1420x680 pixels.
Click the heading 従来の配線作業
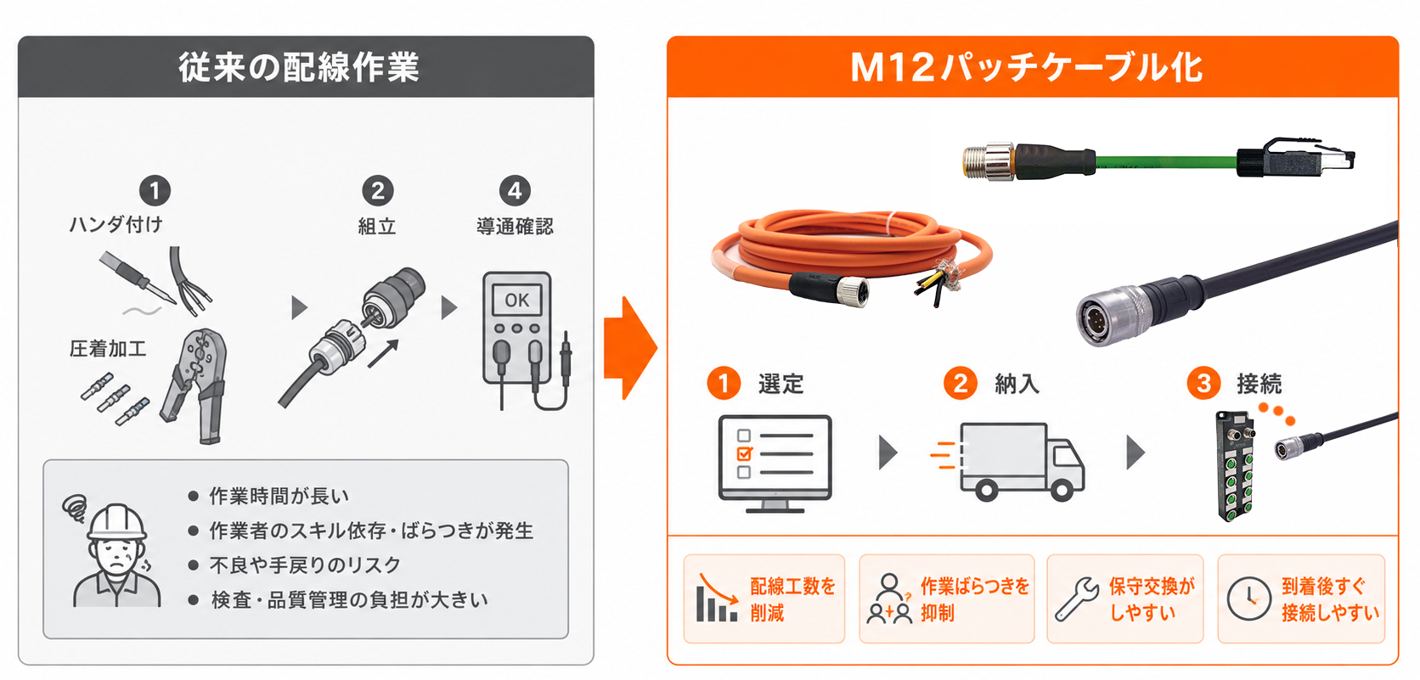coord(299,67)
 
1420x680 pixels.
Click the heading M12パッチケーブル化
coord(1026,67)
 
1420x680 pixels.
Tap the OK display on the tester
coord(516,300)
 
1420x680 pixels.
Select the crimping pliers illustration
coord(194,385)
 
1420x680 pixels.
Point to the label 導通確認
coord(515,227)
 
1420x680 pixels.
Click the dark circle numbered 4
coord(515,190)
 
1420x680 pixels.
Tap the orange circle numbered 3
coord(1203,383)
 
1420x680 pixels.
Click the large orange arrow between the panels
coord(630,347)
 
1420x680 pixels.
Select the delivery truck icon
coord(1008,461)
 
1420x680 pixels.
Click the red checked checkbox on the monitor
coord(744,453)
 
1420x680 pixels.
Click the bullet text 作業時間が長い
coord(279,497)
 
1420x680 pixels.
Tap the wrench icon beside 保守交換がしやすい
coord(1077,599)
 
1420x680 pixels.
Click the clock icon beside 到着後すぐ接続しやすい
coord(1248,599)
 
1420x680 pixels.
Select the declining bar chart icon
coord(717,598)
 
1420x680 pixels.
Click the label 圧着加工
coord(108,349)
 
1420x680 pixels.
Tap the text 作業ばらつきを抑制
coord(975,599)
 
